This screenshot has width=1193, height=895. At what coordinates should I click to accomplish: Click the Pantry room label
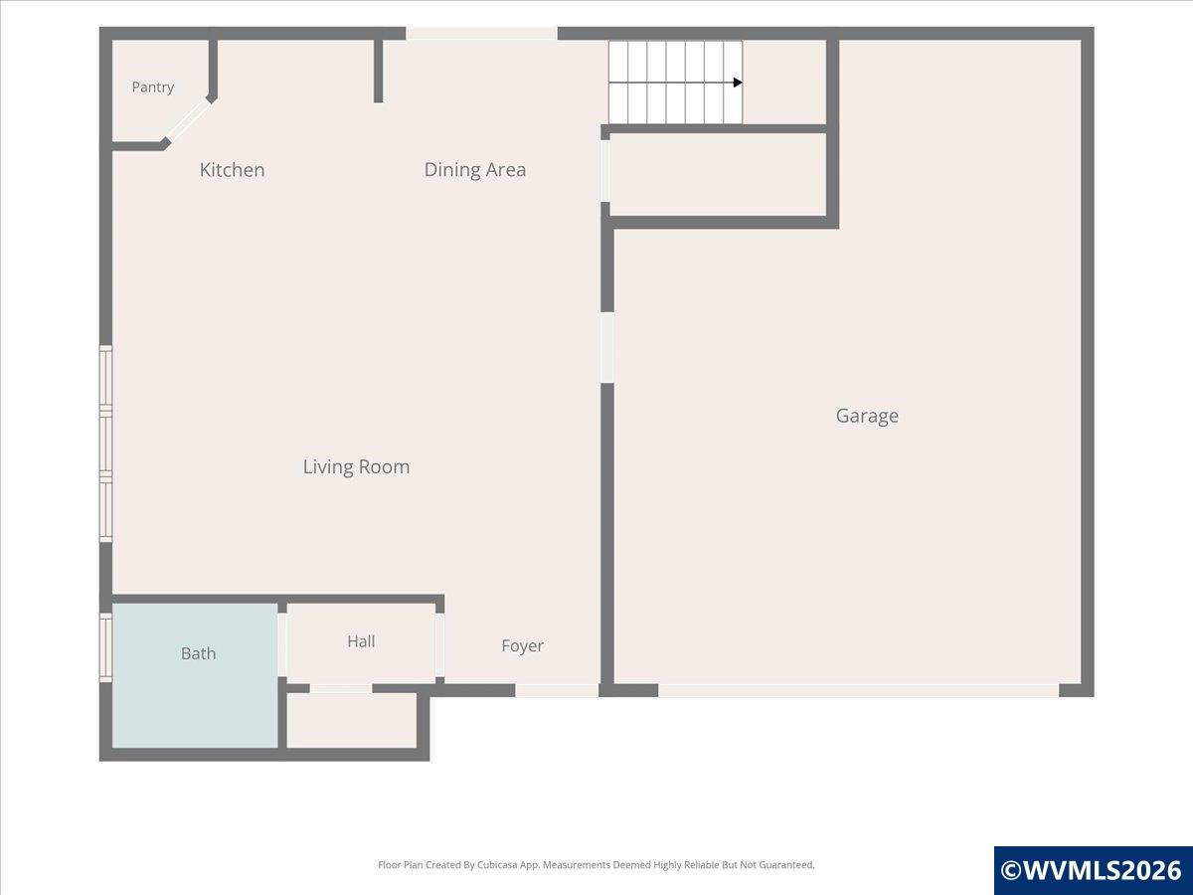pos(153,88)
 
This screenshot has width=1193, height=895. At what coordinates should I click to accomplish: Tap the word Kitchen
pos(232,170)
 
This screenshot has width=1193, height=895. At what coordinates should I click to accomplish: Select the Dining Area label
pos(475,170)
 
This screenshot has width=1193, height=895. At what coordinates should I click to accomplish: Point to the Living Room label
pos(356,466)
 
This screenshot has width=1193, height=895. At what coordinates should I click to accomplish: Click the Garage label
pos(867,417)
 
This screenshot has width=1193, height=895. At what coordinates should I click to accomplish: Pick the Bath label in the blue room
pos(199,653)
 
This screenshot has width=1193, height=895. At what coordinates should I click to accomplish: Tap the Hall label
pos(361,641)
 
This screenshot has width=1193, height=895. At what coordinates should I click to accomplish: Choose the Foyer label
pos(522,646)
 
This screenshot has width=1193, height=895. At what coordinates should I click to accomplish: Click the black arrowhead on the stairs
pos(738,83)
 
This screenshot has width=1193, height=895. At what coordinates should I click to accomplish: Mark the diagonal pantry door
pos(188,120)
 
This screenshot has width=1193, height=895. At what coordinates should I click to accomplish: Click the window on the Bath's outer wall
pos(105,647)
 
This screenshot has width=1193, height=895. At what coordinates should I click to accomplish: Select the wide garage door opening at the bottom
pos(859,690)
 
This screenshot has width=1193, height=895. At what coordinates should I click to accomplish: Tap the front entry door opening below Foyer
pos(557,690)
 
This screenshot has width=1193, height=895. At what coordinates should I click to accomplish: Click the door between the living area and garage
pos(607,348)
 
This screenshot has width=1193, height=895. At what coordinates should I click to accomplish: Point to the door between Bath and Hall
pos(282,645)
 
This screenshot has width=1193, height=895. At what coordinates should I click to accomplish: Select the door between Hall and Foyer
pos(439,645)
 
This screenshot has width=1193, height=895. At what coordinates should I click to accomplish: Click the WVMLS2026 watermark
pos(1092,870)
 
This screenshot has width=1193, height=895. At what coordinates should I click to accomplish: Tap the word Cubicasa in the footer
pos(497,864)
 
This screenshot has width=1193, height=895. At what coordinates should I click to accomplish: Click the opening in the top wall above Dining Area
pos(481,33)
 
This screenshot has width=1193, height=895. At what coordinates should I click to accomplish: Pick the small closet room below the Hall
pos(352,721)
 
